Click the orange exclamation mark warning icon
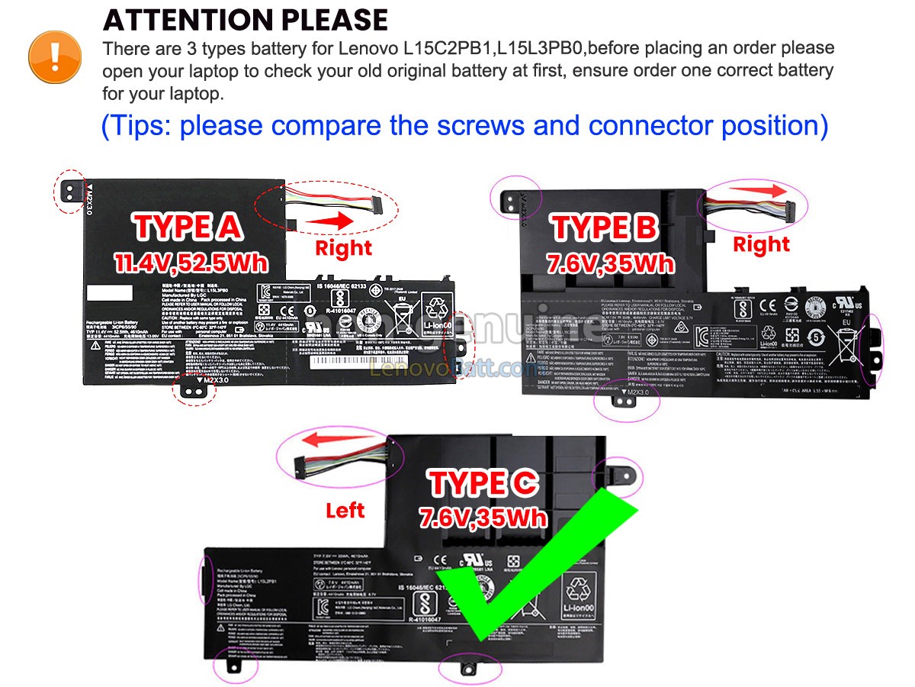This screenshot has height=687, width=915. tap(54, 56)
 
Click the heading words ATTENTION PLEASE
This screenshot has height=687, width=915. tap(246, 19)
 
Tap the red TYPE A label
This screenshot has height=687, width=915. tap(188, 227)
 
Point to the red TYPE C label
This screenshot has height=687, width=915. tap(483, 482)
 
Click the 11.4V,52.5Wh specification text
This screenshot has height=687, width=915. tap(191, 263)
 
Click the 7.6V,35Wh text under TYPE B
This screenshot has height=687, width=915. tap(610, 263)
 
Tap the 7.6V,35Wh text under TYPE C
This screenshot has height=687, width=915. tap(483, 518)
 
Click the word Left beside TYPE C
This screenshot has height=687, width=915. tap(345, 510)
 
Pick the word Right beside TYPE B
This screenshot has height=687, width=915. tap(761, 244)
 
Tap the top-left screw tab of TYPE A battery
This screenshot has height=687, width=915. tap(69, 191)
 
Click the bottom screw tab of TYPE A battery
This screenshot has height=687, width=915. tap(193, 389)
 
